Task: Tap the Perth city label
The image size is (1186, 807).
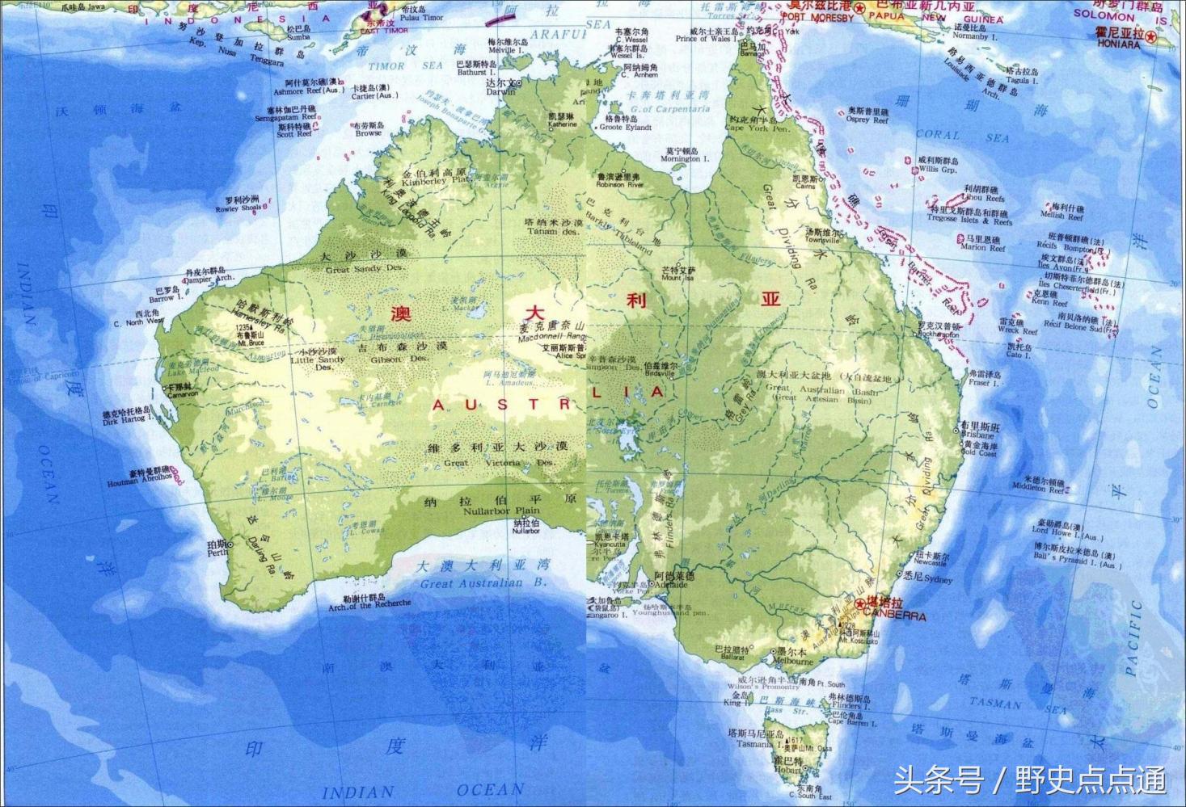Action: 217,553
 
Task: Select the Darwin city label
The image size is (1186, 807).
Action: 500,91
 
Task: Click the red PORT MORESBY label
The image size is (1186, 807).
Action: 817,17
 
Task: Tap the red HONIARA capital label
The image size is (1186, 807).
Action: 1118,44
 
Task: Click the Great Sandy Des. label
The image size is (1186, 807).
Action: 365,269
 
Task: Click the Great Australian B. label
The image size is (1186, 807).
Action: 483,583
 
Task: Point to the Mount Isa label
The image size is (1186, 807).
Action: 677,277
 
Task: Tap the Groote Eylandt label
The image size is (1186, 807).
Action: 627,127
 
